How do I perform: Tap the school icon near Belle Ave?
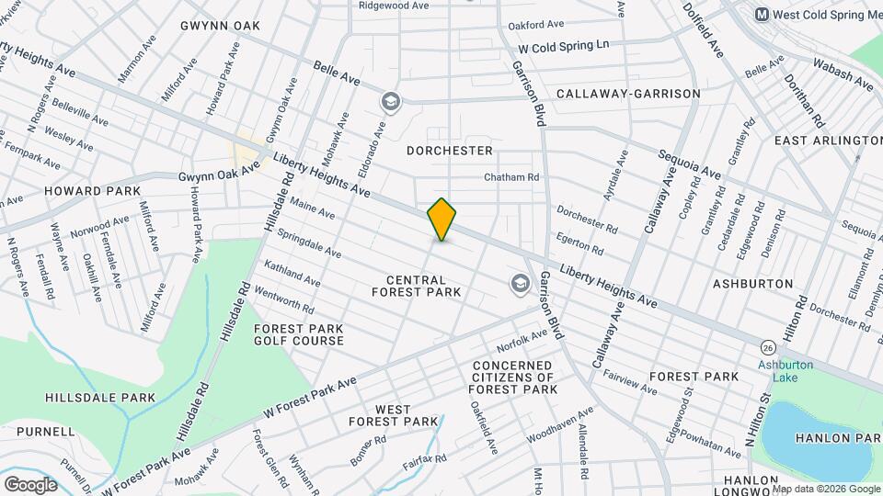click(x=391, y=101)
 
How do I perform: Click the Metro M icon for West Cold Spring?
click(x=762, y=15)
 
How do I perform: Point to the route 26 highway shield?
click(x=767, y=347)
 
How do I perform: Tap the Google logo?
click(x=30, y=483)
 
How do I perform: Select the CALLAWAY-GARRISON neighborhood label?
click(x=628, y=94)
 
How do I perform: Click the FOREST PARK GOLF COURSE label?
click(x=299, y=334)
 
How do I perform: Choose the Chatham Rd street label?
click(x=512, y=177)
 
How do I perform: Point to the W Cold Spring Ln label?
click(x=564, y=45)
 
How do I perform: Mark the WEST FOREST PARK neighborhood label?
click(x=394, y=414)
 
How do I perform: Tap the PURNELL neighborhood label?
click(x=45, y=431)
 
